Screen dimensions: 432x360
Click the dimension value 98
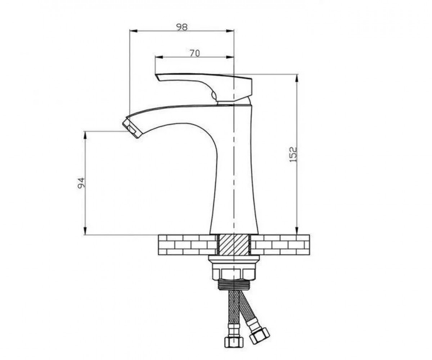point(182,27)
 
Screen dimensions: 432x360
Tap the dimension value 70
point(195,53)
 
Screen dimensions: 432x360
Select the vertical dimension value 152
point(293,154)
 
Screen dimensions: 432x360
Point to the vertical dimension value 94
point(81,183)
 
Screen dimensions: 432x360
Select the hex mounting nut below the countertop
point(233,273)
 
